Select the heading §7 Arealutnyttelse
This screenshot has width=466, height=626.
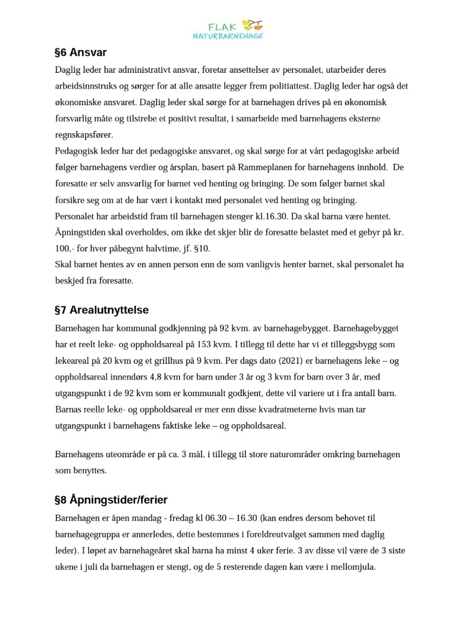click(102, 310)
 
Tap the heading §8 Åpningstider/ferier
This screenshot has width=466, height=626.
click(111, 500)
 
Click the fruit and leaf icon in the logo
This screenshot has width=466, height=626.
click(253, 26)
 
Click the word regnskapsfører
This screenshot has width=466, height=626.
click(84, 135)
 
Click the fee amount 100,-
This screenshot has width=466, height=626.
click(65, 249)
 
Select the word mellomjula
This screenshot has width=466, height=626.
click(352, 567)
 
